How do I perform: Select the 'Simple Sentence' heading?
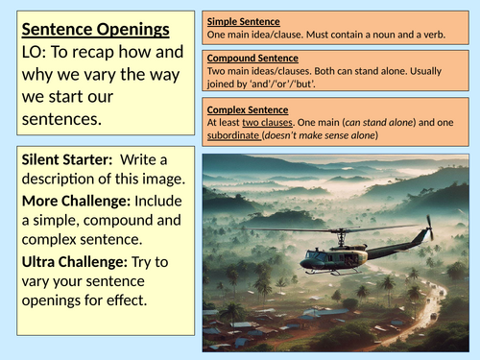pyautogui.click(x=245, y=19)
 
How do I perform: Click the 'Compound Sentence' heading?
pyautogui.click(x=253, y=58)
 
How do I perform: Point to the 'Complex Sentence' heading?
pyautogui.click(x=248, y=110)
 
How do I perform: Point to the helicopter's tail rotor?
pyautogui.click(x=430, y=228)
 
